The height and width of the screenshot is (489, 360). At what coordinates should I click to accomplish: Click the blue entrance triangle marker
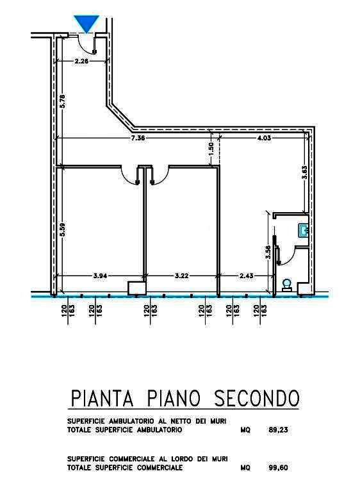click(86, 23)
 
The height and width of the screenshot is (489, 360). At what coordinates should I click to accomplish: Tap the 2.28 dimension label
click(81, 61)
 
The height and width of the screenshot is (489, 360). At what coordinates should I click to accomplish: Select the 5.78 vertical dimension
click(63, 101)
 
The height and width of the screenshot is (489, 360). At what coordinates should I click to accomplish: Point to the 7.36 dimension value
click(138, 138)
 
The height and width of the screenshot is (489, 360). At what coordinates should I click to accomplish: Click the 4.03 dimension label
click(264, 138)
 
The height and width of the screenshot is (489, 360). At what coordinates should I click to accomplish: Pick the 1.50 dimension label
click(211, 150)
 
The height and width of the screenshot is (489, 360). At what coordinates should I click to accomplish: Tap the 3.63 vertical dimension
click(305, 172)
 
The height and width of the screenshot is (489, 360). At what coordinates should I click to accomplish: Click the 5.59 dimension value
click(63, 229)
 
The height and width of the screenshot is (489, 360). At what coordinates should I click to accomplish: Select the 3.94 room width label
click(100, 276)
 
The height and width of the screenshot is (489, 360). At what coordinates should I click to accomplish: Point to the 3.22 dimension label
click(181, 276)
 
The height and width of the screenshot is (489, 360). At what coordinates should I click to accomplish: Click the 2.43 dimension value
click(247, 276)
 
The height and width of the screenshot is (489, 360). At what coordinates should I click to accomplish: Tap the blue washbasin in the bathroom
click(303, 231)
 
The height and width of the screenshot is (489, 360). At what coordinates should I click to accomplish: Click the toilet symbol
click(286, 285)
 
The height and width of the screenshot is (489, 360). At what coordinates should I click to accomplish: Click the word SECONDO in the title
click(257, 398)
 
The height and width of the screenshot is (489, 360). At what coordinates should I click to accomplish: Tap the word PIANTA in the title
click(102, 398)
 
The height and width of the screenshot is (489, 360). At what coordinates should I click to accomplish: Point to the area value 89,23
click(278, 430)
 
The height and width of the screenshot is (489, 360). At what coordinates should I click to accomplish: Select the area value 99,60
click(278, 468)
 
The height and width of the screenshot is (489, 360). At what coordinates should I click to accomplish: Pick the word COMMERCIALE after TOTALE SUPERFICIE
click(160, 468)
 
